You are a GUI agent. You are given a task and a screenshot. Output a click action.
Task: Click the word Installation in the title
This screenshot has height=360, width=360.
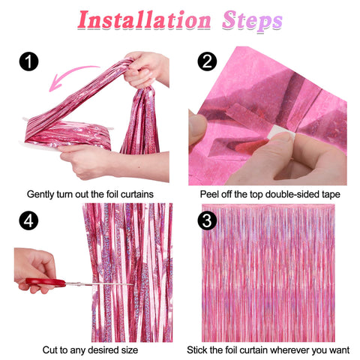point(142,21)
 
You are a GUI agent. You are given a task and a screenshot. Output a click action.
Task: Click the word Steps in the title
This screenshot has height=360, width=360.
point(252,21)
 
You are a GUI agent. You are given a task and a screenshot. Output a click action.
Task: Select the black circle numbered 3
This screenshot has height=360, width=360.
point(206,223)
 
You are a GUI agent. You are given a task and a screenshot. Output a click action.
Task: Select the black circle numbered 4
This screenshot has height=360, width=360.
point(28,223)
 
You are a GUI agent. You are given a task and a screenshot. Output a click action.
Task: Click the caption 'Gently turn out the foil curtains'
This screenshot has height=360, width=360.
point(90,193)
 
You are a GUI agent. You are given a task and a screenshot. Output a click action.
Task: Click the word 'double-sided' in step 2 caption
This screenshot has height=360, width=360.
point(285,193)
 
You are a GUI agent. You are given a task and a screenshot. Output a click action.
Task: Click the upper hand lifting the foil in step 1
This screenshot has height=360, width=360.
point(146,67)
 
